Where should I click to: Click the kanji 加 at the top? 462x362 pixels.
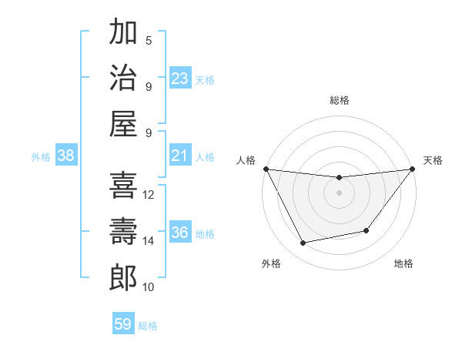123,33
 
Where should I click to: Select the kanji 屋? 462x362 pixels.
123,123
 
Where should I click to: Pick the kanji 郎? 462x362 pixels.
123,277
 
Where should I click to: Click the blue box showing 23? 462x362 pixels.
180,79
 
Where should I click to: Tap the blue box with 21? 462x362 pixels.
180,156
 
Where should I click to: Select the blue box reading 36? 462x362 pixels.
180,233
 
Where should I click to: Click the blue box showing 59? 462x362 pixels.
123,324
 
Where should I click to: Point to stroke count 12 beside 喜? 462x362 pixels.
149,195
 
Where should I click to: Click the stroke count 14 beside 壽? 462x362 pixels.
149,241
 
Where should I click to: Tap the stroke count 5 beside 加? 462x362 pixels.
149,41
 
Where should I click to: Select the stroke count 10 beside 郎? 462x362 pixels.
149,287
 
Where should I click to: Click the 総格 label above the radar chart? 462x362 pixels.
339,100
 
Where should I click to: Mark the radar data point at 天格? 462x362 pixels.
412,169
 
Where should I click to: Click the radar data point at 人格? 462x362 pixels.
266,169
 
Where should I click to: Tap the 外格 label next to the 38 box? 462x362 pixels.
41,157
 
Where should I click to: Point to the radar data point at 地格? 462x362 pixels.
367,230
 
